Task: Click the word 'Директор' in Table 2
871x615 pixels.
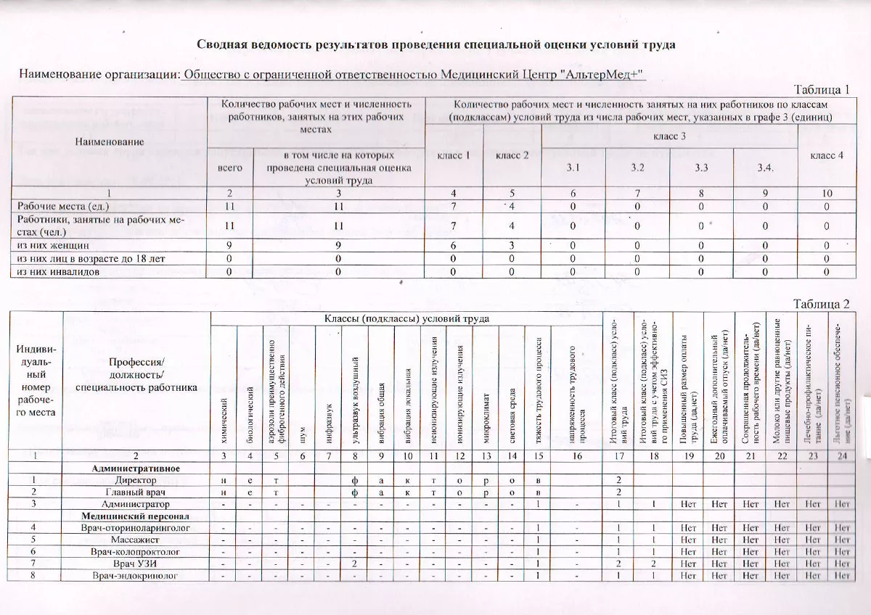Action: [x=136, y=480]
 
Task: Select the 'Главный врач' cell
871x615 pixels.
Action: [x=136, y=492]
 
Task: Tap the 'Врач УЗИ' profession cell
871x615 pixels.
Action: [x=136, y=564]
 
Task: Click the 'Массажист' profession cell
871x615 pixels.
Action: [x=136, y=540]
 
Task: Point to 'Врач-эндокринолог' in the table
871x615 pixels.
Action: [x=136, y=575]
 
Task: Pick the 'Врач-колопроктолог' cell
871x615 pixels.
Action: [x=136, y=552]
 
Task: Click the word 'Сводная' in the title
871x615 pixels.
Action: [x=222, y=44]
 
